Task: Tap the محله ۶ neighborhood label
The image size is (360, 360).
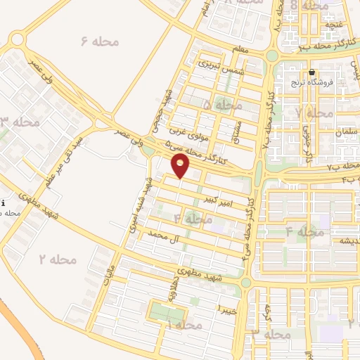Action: coord(98,41)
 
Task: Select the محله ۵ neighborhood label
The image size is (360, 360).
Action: coord(221,105)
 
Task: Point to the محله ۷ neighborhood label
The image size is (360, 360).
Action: coord(314,112)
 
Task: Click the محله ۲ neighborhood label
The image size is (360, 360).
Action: coord(57,259)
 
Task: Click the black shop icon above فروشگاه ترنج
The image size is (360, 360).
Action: coord(311,72)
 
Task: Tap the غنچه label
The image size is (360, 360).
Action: coord(333,24)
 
